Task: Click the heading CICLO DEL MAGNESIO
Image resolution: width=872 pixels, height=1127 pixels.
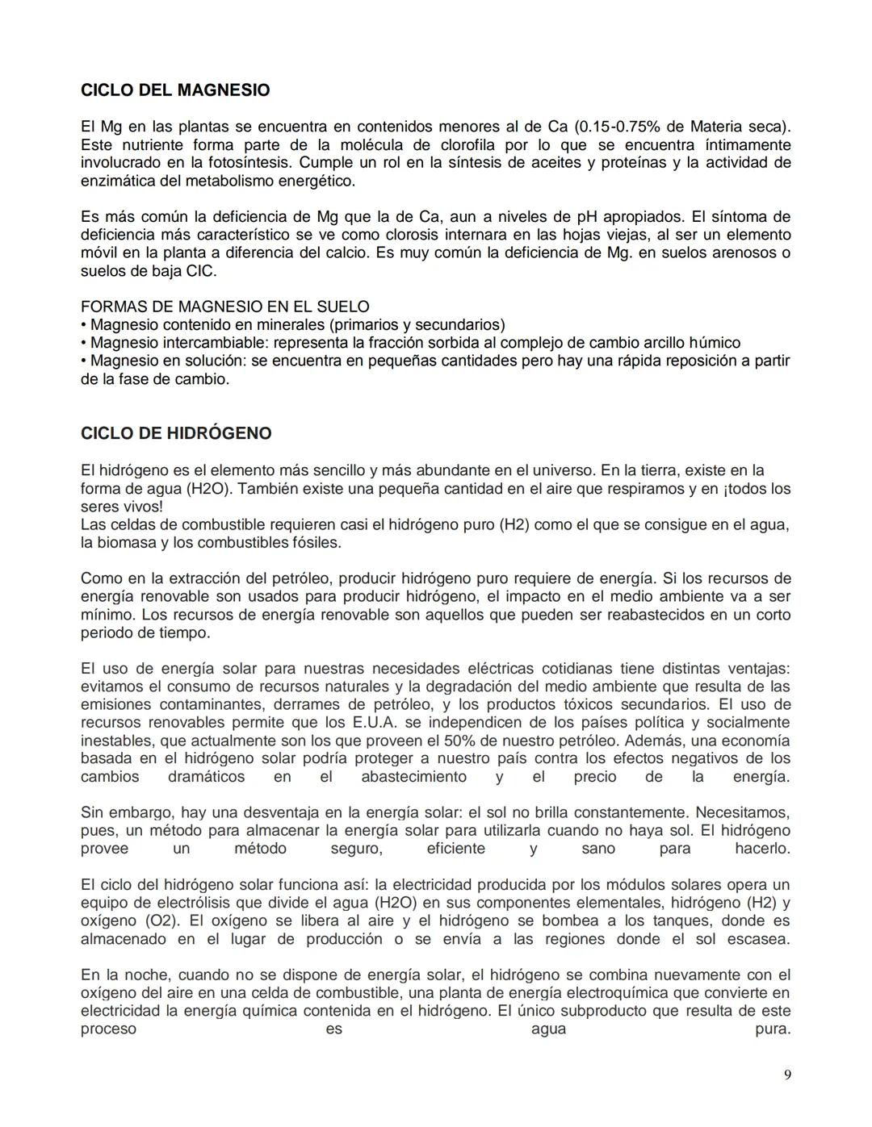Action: (175, 90)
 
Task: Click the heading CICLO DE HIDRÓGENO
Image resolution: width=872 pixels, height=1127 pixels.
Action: (176, 433)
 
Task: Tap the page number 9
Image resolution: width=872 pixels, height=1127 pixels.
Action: (787, 1075)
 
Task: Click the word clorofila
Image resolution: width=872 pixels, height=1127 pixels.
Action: (468, 145)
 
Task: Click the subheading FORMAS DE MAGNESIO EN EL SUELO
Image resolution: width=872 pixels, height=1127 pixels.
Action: (225, 307)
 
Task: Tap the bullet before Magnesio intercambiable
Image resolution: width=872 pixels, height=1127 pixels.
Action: (84, 343)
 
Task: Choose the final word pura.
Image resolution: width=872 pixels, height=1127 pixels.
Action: (772, 1029)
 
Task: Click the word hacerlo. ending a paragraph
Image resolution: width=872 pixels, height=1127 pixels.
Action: (761, 849)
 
